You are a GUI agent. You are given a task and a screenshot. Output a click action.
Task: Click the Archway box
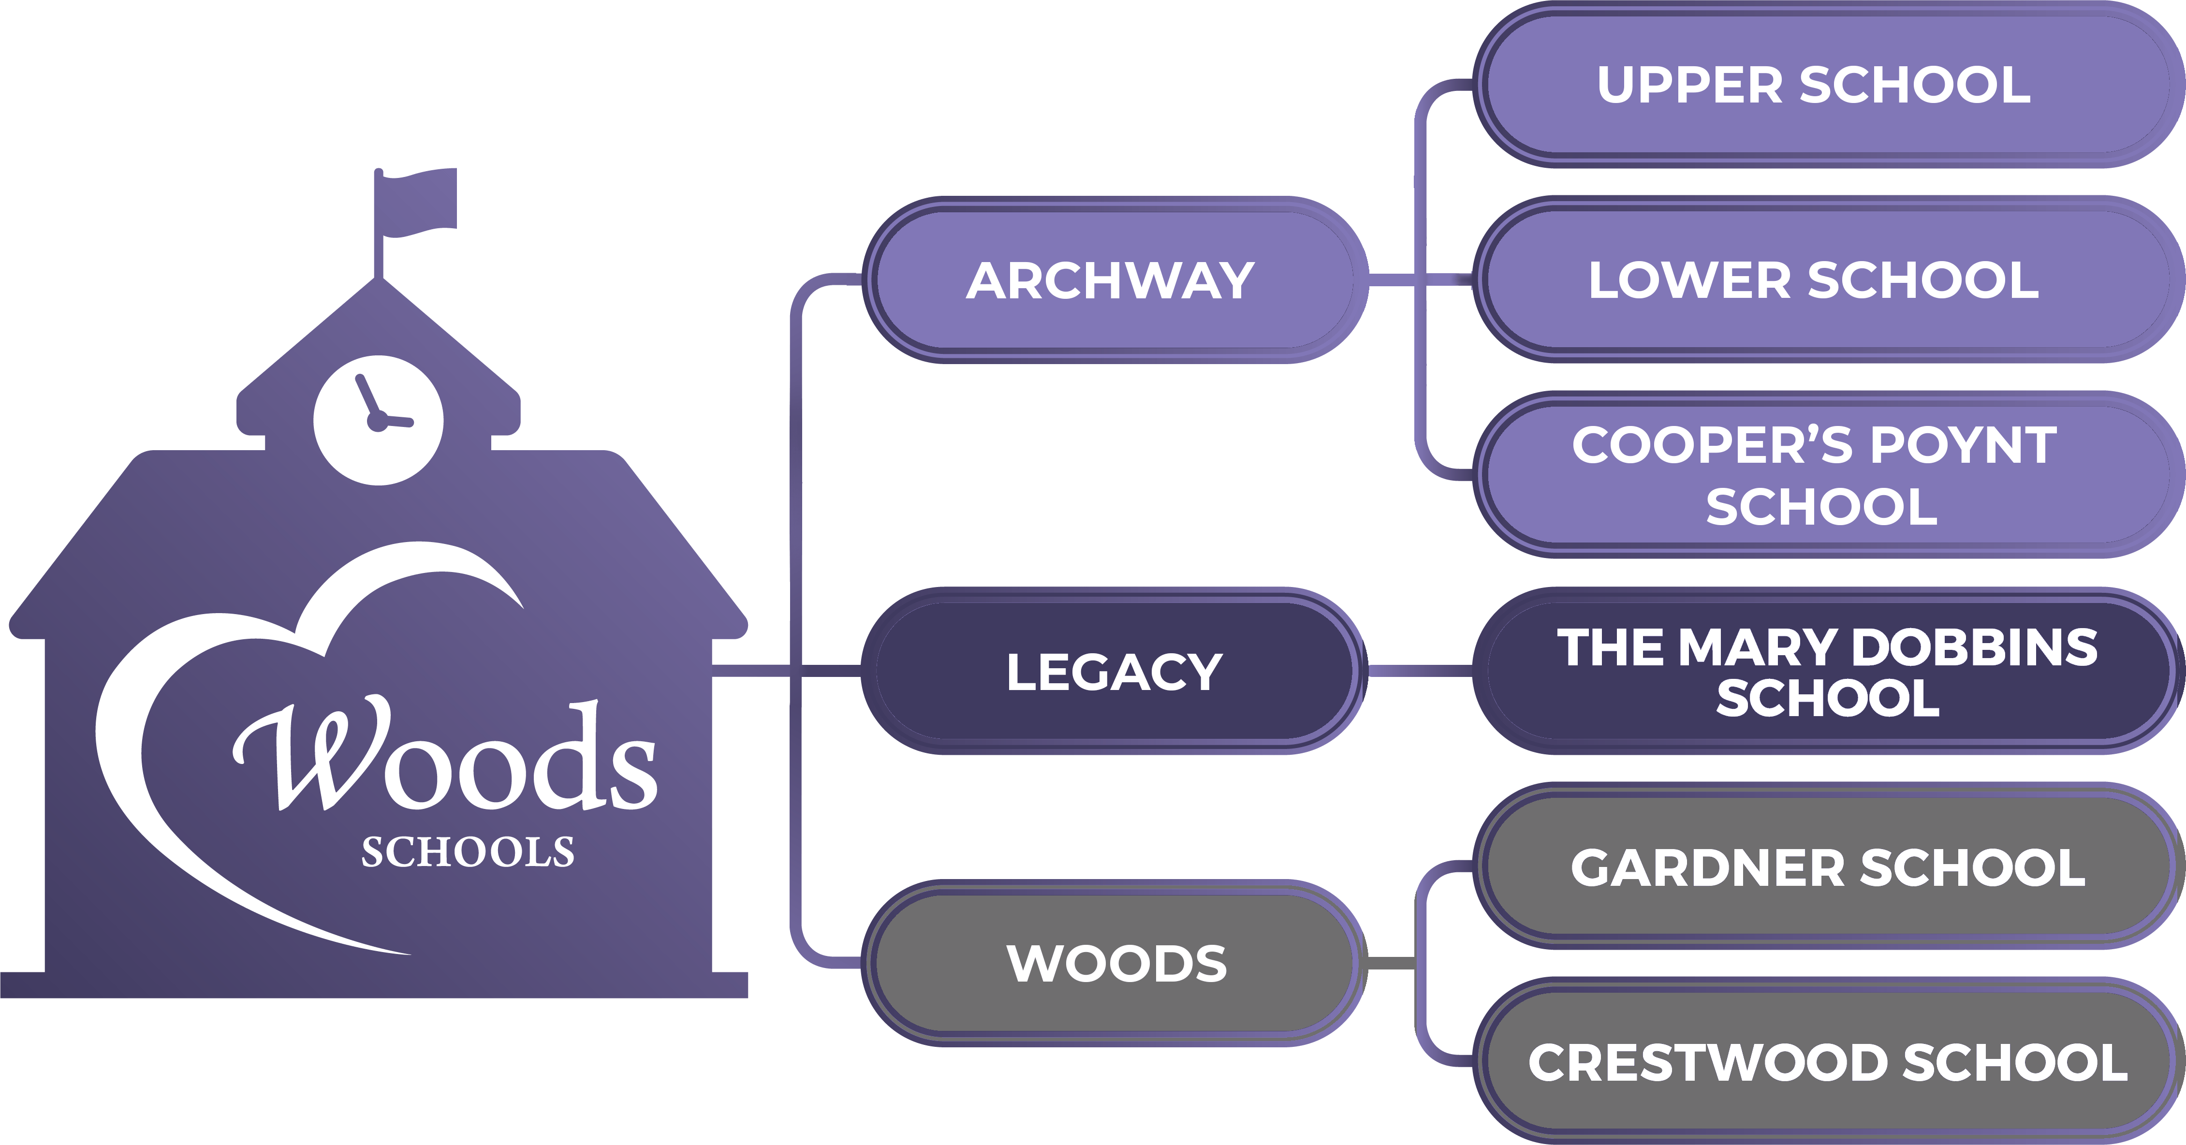(1112, 280)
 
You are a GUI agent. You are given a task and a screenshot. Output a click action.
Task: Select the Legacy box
(1112, 672)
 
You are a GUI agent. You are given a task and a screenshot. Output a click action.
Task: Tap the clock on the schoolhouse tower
(379, 418)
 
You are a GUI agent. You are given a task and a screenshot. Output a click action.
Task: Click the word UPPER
(1689, 85)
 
